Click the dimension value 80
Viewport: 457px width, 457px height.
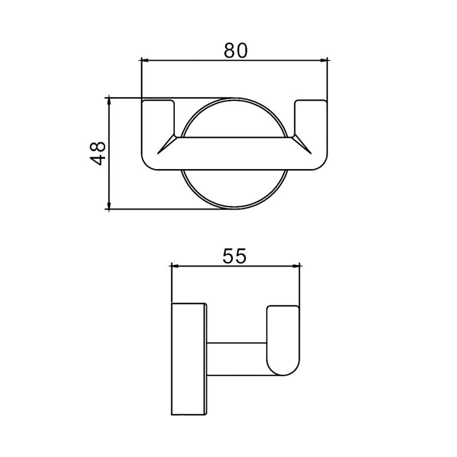235,50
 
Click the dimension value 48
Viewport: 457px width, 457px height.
98,153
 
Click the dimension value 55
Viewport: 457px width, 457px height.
235,256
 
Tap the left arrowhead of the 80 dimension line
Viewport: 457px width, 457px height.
145,61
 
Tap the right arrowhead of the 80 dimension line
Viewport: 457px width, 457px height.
323,61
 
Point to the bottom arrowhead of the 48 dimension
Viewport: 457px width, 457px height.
109,205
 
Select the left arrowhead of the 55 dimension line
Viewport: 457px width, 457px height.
176,266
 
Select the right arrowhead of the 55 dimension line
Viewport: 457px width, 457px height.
296,266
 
